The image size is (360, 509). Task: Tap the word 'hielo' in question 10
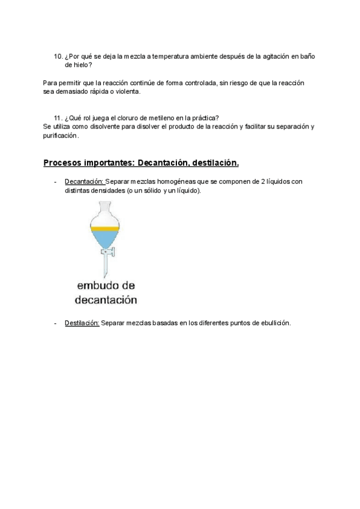[82, 65]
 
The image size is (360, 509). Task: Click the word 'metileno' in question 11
[157, 117]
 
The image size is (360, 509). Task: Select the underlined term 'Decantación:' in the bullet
[85, 181]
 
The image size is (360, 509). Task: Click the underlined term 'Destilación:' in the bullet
[82, 323]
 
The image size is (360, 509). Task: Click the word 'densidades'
[101, 190]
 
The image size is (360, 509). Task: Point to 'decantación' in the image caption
[106, 298]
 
